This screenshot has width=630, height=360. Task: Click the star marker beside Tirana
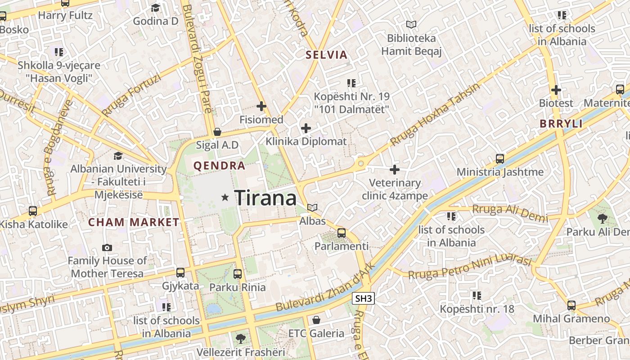225,198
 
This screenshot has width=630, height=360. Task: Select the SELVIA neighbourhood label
326,55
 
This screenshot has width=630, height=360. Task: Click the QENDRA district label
219,166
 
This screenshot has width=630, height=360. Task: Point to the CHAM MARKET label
134,222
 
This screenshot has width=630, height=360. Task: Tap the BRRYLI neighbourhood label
562,124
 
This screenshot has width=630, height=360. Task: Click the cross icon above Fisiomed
261,107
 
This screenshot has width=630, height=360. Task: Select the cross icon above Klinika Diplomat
306,128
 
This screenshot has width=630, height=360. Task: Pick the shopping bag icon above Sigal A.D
217,132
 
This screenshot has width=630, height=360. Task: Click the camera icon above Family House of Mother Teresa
107,247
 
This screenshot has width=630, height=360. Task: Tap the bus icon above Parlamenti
342,233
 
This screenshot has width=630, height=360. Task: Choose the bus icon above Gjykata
180,272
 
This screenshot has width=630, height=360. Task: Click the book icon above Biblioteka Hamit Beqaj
411,24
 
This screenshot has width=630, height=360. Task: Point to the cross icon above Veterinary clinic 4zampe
395,170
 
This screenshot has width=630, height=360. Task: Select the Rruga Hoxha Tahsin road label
435,115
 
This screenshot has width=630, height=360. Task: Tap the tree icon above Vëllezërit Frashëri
241,338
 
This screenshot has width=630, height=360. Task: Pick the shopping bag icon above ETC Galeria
316,320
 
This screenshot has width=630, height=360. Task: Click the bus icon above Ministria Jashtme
499,158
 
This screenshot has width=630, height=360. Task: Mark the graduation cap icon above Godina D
155,8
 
